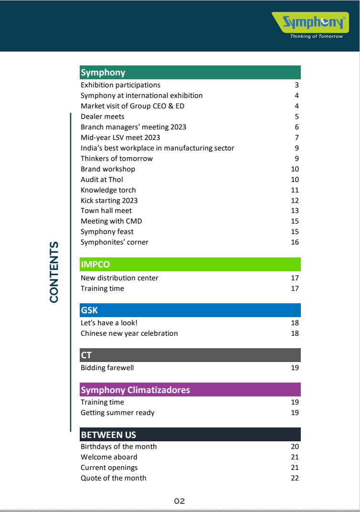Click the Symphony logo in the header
(313, 22)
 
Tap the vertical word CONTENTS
(54, 272)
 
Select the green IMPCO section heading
(95, 265)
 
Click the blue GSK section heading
(89, 310)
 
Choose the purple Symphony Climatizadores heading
(135, 390)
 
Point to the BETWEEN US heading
(108, 435)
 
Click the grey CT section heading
(86, 355)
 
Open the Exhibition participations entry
(120, 85)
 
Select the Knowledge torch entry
(108, 190)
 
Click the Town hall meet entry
(106, 211)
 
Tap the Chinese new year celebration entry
(129, 333)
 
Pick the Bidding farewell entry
(107, 368)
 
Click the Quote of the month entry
(113, 478)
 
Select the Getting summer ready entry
(117, 413)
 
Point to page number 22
(295, 478)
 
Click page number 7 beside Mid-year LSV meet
(296, 138)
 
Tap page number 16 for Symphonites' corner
(295, 242)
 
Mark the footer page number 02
(180, 501)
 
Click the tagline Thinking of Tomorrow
(316, 36)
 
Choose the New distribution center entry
(119, 278)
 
